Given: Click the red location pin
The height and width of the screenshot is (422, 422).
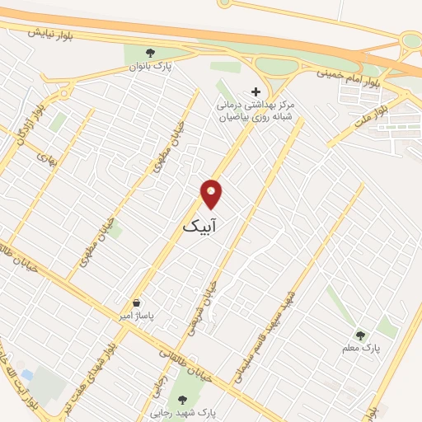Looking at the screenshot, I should point(212,195).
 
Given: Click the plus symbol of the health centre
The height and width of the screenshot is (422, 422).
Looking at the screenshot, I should point(256,91).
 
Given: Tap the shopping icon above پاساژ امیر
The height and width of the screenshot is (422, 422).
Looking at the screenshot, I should point(136,302).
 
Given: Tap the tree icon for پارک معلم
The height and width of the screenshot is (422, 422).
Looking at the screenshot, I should point(359,335).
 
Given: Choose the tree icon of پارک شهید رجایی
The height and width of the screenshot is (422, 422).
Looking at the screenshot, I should point(182,398).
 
